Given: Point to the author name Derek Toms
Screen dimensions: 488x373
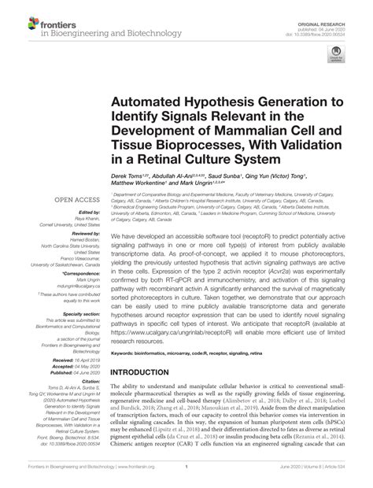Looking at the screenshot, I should point(130,179).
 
